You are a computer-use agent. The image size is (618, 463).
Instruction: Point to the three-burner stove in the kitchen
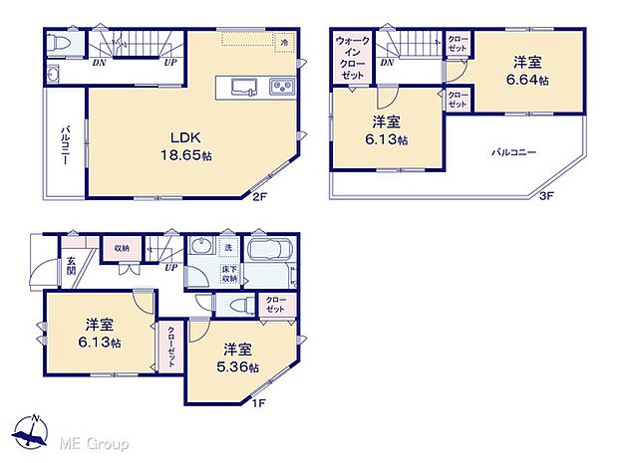click(281, 88)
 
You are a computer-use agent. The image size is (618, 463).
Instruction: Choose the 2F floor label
click(261, 197)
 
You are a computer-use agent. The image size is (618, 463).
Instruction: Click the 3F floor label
click(546, 197)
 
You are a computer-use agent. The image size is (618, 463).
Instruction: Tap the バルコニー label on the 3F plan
click(513, 153)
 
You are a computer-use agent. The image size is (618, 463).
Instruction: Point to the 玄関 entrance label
click(72, 264)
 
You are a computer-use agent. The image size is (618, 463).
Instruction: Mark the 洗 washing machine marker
click(228, 248)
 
